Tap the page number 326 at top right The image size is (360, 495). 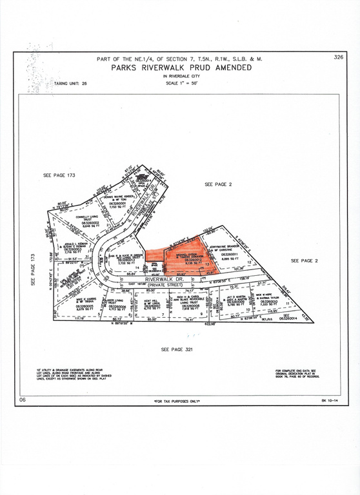(x=337, y=57)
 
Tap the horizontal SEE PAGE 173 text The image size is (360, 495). (x=59, y=175)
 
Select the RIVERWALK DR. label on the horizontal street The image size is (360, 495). (x=164, y=279)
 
